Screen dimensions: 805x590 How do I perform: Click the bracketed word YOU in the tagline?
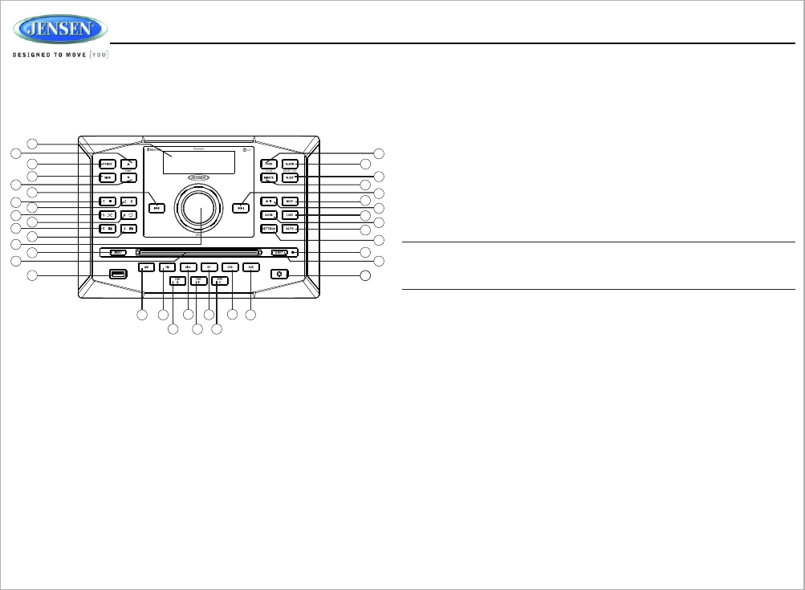[99, 55]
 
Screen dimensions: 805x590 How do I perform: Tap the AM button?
[145, 267]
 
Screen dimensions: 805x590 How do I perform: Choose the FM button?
[167, 267]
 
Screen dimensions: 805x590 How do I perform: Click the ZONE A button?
[177, 280]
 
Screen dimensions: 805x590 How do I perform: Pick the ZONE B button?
[197, 280]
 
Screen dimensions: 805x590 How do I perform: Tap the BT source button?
[209, 267]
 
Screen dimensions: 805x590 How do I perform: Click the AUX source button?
[250, 267]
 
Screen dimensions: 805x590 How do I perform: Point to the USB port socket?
[119, 275]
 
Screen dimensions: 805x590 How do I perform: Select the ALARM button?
[290, 163]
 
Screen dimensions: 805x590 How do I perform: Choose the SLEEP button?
[290, 177]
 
